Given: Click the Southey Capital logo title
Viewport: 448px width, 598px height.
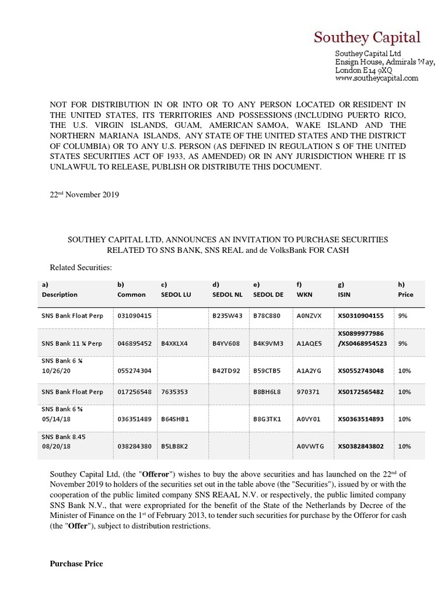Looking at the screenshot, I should click(x=367, y=37).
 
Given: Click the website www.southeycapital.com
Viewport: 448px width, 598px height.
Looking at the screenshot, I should click(x=377, y=78).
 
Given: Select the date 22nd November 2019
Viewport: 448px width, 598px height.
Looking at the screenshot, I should click(x=84, y=195).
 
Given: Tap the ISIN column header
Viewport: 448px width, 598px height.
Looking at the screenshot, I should click(x=344, y=294).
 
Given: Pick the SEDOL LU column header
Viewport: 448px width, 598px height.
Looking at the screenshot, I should click(x=176, y=294).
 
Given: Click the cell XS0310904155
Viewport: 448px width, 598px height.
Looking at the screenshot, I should click(x=360, y=316).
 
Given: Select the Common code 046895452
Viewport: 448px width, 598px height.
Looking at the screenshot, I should click(x=134, y=343).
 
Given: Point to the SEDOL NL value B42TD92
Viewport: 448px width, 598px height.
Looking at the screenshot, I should click(x=226, y=370).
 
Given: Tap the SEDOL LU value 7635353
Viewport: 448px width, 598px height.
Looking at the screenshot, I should click(x=174, y=392).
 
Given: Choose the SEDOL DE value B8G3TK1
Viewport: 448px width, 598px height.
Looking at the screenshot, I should click(x=267, y=419).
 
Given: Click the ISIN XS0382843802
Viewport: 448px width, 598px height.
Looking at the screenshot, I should click(x=360, y=446).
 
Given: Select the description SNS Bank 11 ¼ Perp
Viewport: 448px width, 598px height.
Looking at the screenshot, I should click(x=71, y=343).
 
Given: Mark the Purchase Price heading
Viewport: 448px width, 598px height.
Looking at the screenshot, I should click(x=76, y=564).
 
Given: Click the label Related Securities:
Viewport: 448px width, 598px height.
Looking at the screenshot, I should click(x=80, y=267).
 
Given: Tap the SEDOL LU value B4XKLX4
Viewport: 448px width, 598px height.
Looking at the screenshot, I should click(x=174, y=343).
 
